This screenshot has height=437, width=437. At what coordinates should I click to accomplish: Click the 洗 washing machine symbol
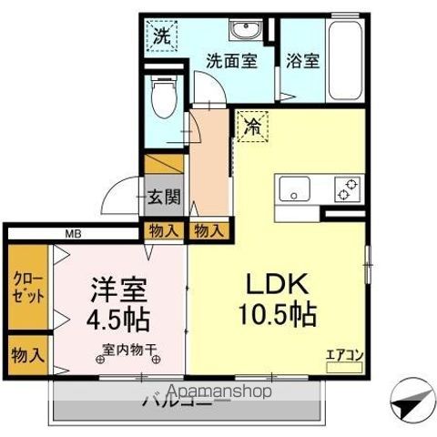(161, 38)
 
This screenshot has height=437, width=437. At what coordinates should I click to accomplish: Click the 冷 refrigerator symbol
(251, 128)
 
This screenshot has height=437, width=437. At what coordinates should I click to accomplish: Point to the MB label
(71, 233)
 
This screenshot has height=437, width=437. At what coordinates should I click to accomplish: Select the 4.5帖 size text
(117, 320)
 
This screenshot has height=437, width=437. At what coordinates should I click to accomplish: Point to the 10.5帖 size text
(277, 316)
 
